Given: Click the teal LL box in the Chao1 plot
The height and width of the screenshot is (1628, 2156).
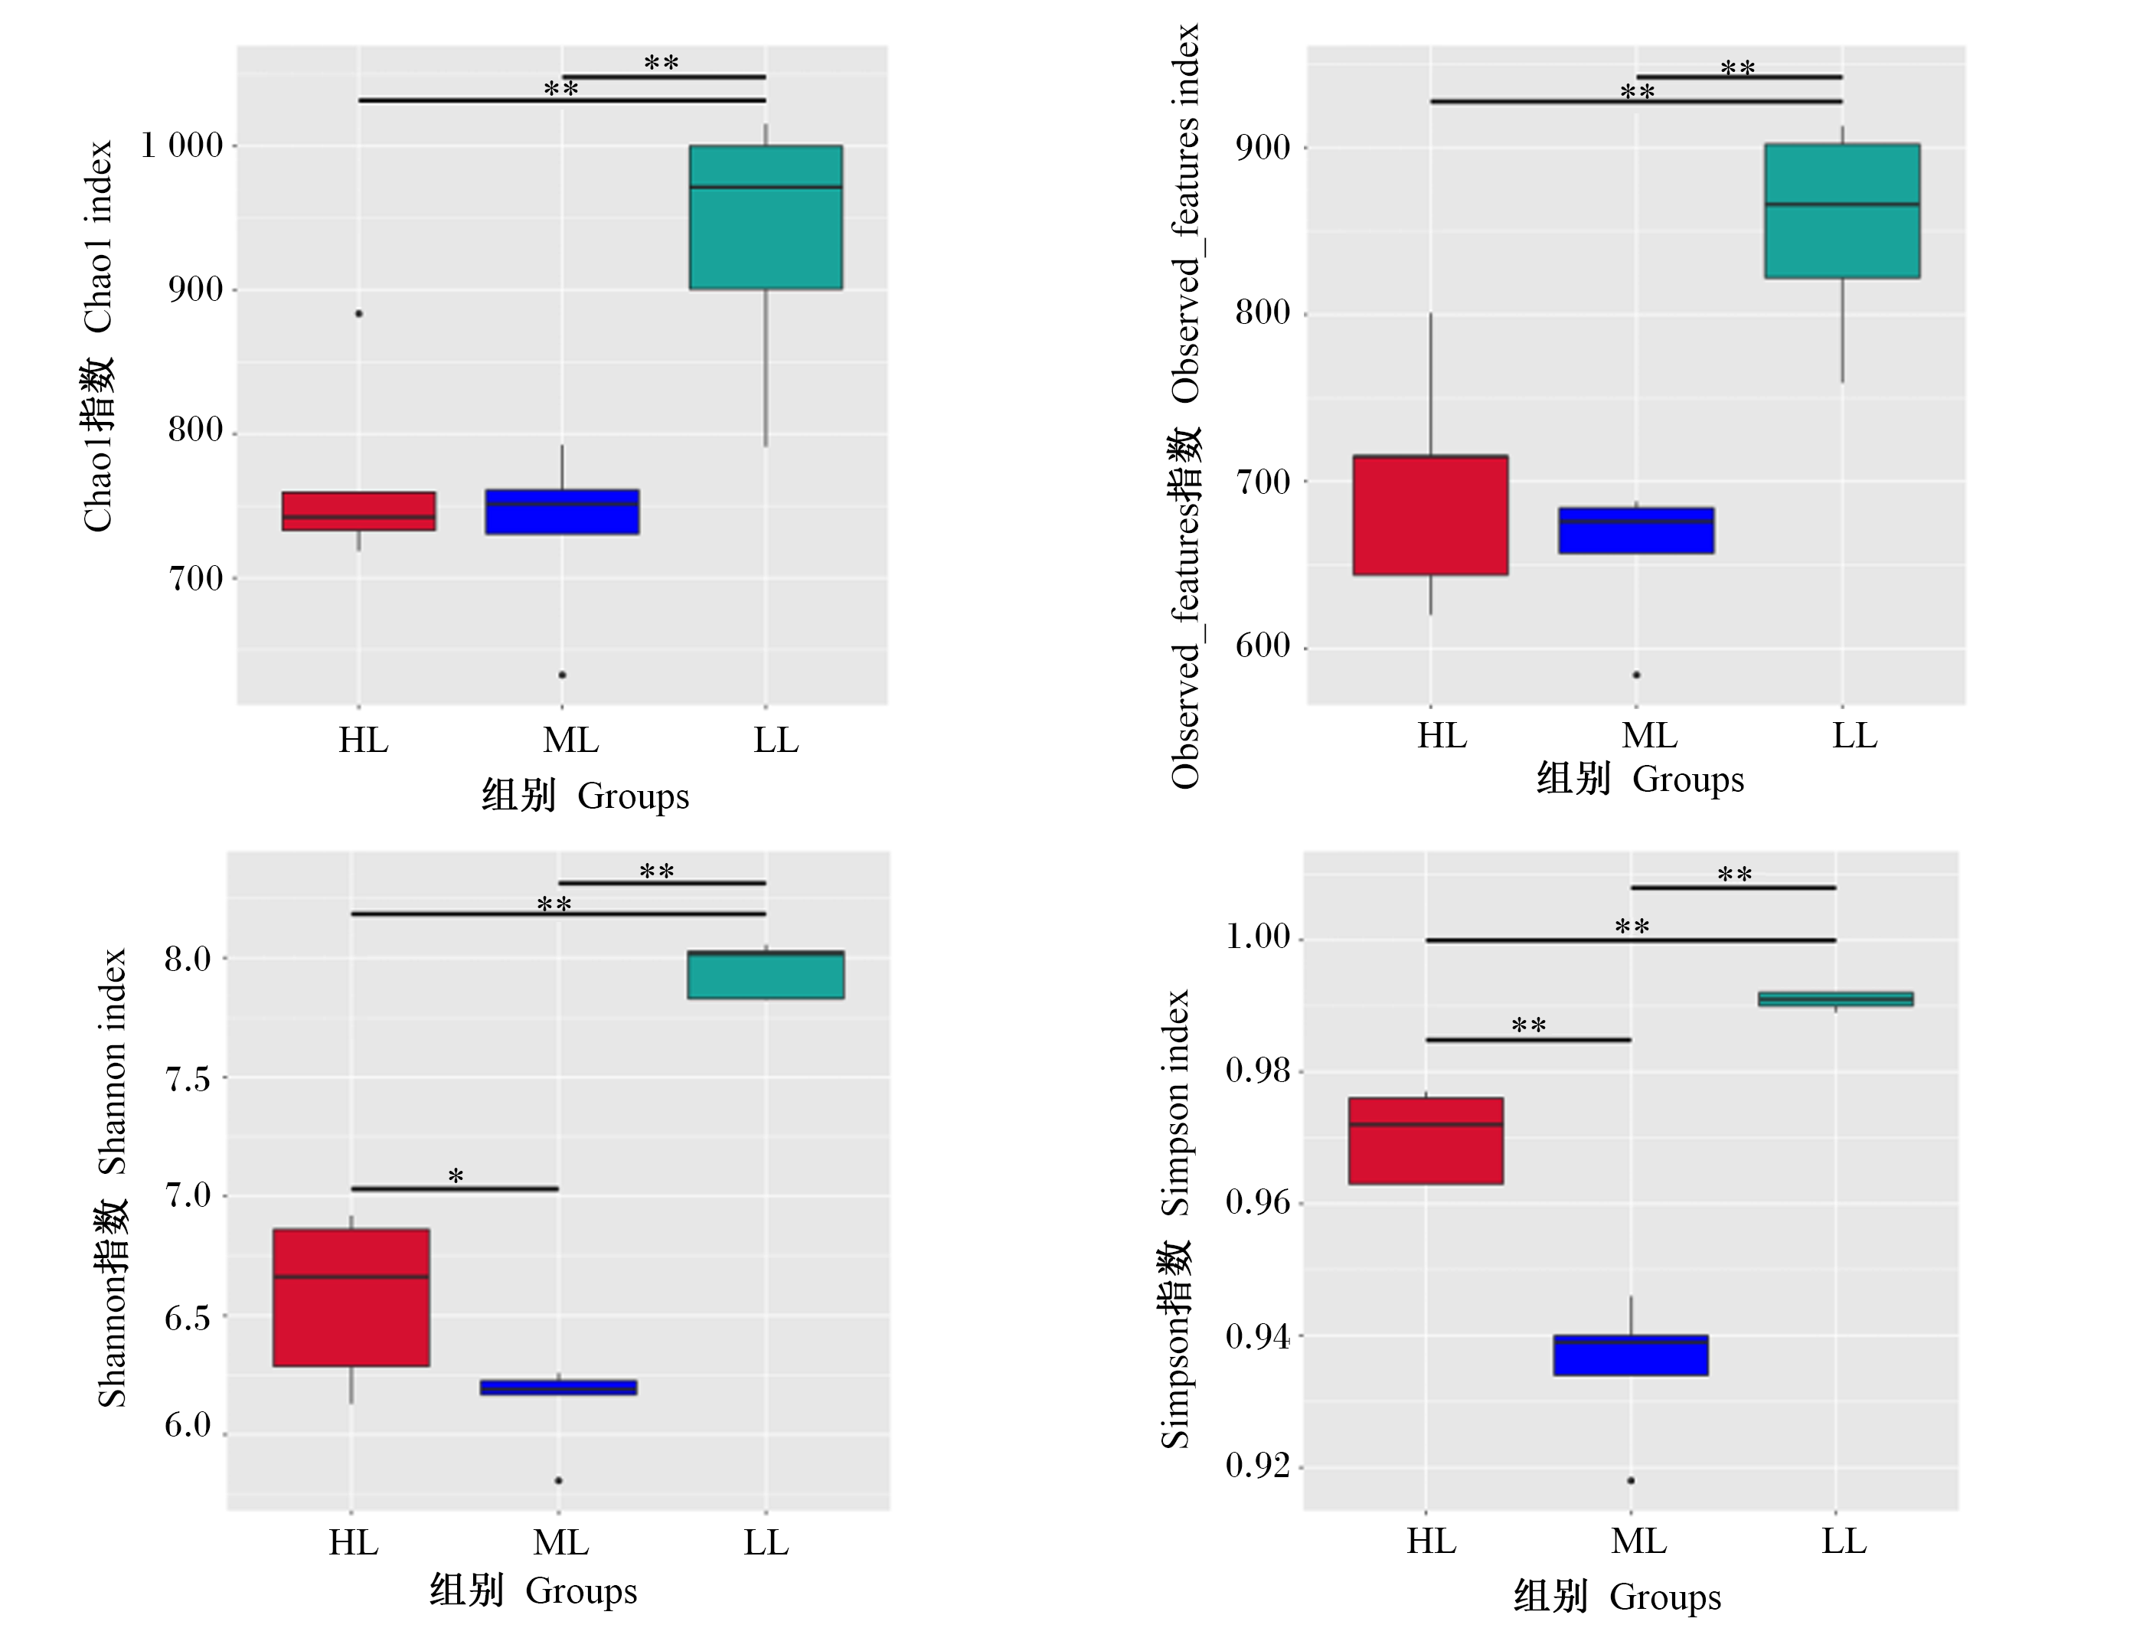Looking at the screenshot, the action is click(x=766, y=217).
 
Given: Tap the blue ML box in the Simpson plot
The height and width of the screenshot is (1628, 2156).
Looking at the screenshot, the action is click(x=1631, y=1355).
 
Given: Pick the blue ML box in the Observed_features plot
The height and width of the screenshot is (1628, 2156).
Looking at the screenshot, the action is click(x=1636, y=531).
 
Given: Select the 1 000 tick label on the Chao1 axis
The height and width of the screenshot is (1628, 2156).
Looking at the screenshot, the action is click(x=182, y=146).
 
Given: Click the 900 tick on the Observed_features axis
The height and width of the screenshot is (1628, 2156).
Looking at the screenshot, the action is click(x=1263, y=149).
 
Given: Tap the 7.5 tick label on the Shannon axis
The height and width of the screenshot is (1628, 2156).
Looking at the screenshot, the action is click(x=187, y=1079).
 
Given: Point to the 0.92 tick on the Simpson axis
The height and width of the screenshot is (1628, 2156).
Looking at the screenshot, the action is click(x=1257, y=1466).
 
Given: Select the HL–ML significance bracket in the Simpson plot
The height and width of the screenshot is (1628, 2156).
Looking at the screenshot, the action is click(x=1528, y=1040).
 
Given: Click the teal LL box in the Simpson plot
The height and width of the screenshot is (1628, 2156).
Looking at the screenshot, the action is click(x=1835, y=999).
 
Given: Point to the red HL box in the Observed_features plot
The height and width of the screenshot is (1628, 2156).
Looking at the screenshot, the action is click(x=1431, y=515).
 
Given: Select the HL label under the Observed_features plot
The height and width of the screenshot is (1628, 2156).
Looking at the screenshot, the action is click(x=1442, y=736).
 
